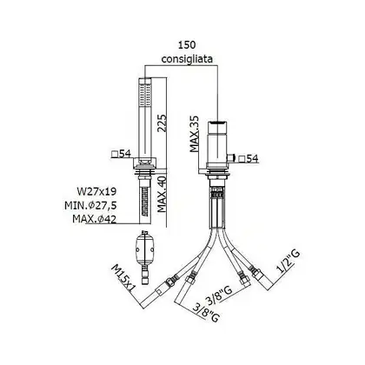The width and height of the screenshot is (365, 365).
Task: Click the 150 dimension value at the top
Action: point(187,45)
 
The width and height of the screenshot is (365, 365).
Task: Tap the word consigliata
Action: point(187,59)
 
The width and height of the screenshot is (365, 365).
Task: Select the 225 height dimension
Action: point(163,123)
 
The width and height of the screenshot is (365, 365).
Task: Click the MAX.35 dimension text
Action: point(195,134)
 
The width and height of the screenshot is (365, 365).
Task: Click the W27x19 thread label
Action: point(96,191)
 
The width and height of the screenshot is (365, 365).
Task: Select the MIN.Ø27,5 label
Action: point(90,205)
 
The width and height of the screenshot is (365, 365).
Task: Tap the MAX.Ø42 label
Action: point(95,219)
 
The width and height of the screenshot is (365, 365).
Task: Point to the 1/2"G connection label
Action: point(288,262)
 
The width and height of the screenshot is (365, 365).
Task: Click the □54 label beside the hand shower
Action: point(122,154)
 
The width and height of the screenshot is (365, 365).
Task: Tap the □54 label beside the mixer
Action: point(248,158)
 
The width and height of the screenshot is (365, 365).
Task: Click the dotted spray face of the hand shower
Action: point(145,95)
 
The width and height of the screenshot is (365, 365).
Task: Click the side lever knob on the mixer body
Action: point(231,158)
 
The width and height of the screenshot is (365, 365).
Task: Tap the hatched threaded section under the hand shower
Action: point(144,201)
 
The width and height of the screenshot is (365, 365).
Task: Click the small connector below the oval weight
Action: point(144,275)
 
